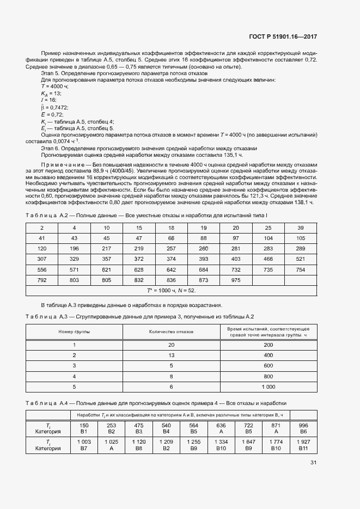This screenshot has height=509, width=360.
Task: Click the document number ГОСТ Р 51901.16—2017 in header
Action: [x=283, y=37]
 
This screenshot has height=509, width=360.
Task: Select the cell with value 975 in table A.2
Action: [x=236, y=280]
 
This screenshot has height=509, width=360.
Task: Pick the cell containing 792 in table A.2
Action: [x=42, y=280]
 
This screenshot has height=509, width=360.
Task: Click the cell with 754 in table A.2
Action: [x=300, y=269]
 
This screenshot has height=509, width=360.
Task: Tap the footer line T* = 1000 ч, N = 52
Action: [x=171, y=290]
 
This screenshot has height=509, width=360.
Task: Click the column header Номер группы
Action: [x=75, y=332]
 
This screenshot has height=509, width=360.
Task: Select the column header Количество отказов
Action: [x=171, y=332]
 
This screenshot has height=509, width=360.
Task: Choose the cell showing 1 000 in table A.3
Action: [x=268, y=386]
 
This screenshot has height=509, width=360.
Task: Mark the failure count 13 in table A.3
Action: [x=171, y=355]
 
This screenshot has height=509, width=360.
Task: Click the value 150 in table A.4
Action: [x=84, y=425]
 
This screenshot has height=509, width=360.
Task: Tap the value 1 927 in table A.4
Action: [x=303, y=441]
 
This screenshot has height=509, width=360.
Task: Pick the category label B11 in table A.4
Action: [x=303, y=449]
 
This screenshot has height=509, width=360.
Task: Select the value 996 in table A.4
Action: [x=303, y=425]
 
